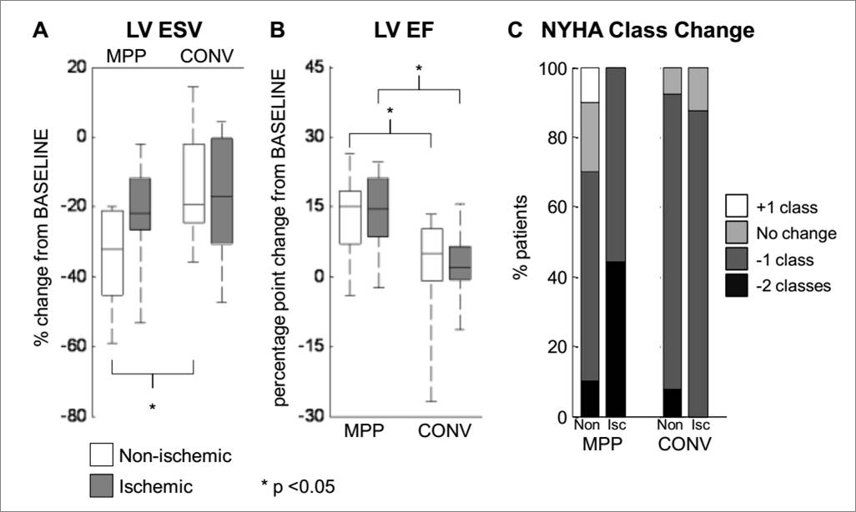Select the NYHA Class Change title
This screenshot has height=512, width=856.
[x=647, y=31]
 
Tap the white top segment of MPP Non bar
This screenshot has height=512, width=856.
[x=589, y=84]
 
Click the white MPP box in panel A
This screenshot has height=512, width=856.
[x=111, y=253]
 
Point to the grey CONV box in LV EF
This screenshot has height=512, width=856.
[x=461, y=263]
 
